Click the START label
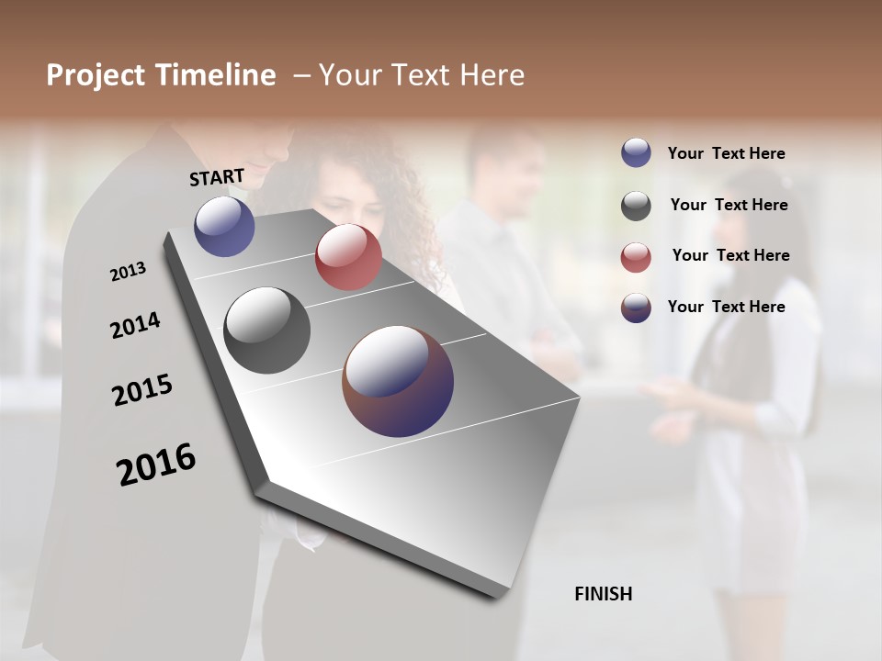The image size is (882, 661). [217, 177]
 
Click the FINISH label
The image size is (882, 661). [603, 594]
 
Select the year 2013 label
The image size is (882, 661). [128, 272]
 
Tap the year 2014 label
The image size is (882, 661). [135, 326]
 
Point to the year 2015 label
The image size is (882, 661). [142, 390]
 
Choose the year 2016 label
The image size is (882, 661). [156, 465]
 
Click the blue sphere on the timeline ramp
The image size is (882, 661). [224, 226]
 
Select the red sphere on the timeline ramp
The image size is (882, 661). [348, 257]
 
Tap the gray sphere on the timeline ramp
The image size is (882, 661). [267, 330]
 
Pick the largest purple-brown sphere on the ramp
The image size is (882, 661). [398, 381]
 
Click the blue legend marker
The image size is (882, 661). [636, 152]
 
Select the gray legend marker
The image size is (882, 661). [636, 207]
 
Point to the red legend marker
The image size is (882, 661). [636, 258]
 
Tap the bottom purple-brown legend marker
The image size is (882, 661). [636, 308]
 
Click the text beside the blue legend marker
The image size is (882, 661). [726, 153]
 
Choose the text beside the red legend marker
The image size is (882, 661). [730, 255]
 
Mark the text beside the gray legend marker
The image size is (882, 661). [729, 205]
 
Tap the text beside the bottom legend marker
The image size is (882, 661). [726, 307]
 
